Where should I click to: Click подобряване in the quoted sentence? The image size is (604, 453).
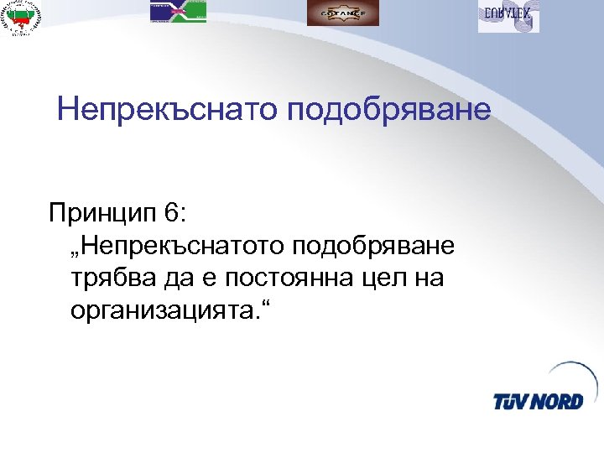point(374,247)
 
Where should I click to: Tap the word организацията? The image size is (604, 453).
point(164,311)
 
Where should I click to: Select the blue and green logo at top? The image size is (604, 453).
point(178,12)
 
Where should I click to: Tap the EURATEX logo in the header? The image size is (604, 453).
point(508,16)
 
